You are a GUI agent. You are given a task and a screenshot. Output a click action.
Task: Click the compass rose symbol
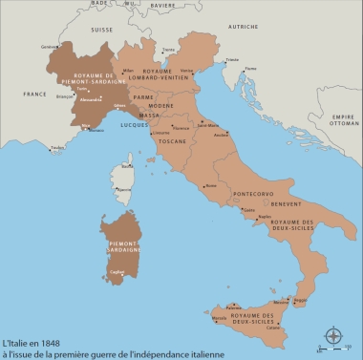pos(333,336)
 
